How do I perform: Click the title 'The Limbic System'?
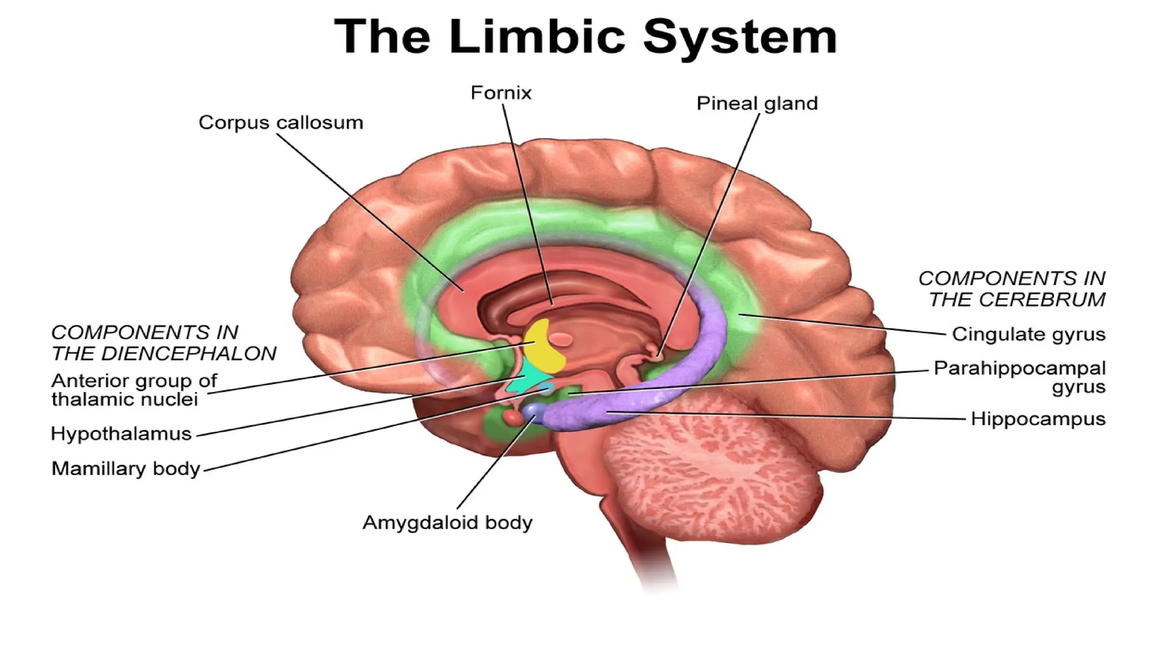coord(585,36)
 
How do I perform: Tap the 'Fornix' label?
coord(501,93)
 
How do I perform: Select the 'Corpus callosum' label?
coord(281,123)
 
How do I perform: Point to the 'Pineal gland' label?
coord(757,104)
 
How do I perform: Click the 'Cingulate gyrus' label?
coord(1028,334)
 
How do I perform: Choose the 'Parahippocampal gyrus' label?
coord(1020,377)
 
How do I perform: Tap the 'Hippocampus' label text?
coord(1038,419)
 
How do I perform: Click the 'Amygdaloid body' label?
coord(447,522)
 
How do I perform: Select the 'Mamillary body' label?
coord(126,469)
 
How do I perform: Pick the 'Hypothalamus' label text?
coord(121,434)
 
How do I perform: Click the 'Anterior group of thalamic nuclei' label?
coord(134,390)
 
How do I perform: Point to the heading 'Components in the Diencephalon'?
coord(164,343)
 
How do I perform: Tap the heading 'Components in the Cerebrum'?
coord(1011,289)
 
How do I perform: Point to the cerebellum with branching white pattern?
coord(710,464)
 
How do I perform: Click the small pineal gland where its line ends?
coord(658,356)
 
